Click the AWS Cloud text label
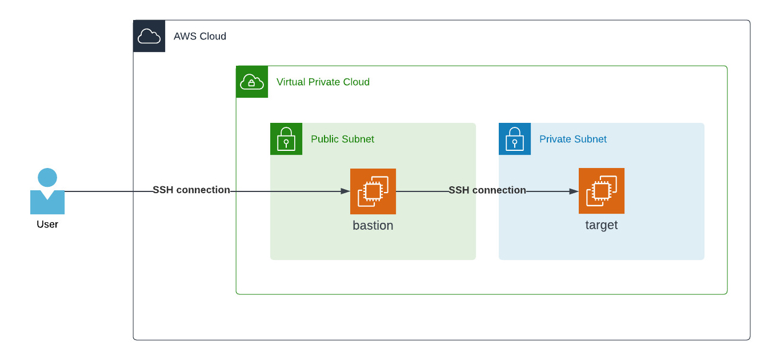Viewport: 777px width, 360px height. pos(200,37)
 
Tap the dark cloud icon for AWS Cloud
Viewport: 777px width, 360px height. pos(149,36)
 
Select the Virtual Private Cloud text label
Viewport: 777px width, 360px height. pos(323,82)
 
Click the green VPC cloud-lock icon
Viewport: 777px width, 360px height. pos(252,82)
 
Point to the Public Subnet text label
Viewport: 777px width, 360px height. pos(342,139)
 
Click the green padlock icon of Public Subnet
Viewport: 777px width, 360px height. pos(286,139)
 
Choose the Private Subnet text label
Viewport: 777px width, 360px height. pos(572,139)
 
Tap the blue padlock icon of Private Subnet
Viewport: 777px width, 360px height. pos(515,139)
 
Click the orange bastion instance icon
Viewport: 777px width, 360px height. pos(373,191)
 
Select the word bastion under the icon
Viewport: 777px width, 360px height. pos(373,226)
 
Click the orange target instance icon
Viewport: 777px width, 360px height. pos(602,191)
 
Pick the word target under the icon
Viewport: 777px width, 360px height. pos(602,225)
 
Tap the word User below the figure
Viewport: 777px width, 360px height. pos(47,225)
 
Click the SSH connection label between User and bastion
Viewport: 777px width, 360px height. pos(191,190)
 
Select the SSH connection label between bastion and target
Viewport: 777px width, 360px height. pos(487,190)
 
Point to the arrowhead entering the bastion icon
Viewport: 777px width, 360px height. pos(346,191)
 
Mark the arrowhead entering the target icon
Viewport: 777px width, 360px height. pos(574,191)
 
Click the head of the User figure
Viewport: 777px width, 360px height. pos(47,177)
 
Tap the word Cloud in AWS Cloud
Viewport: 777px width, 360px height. pos(213,37)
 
